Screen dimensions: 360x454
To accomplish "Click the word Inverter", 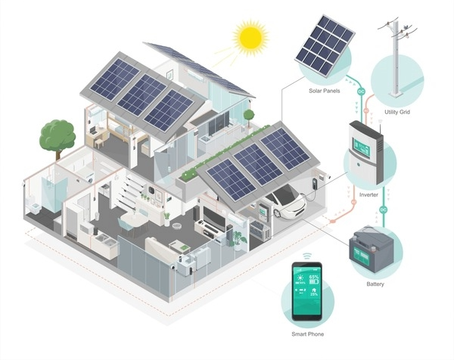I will pos(369,194).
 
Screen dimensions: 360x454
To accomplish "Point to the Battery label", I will pos(375,284).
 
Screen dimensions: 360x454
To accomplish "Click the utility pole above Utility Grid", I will pos(396,61).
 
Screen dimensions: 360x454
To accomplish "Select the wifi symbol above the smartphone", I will pos(306,256).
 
